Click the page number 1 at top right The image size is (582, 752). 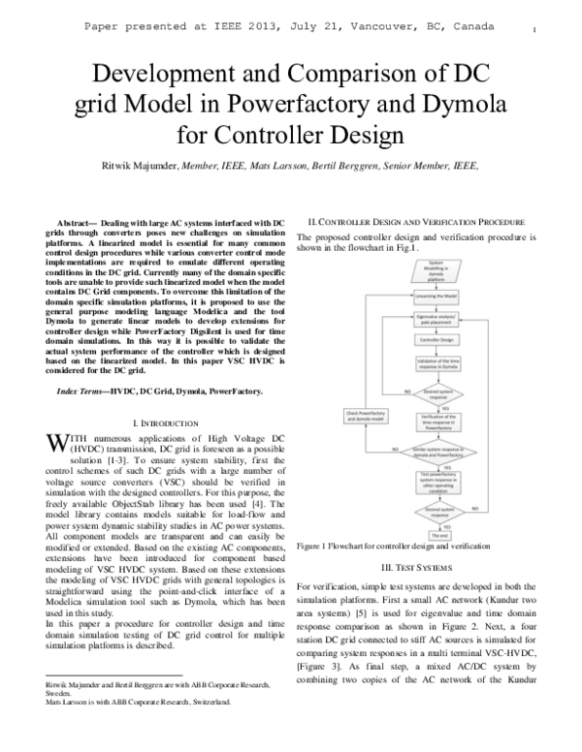tap(535, 30)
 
